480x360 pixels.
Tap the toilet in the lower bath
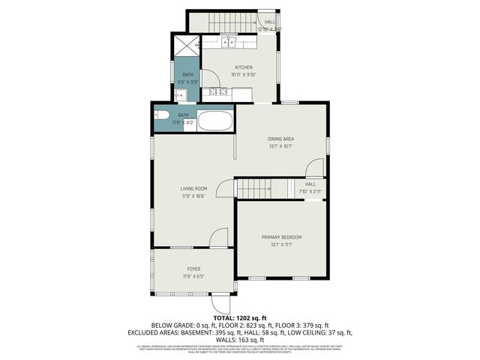[x=160, y=115]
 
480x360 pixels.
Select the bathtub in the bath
[x=215, y=121]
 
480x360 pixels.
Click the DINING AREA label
[x=280, y=139]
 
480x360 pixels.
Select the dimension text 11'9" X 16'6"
[x=193, y=196]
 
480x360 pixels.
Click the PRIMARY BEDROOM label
[x=281, y=237]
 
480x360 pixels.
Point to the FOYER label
[x=193, y=268]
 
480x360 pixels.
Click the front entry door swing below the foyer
[x=221, y=303]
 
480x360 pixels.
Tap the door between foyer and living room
[x=218, y=238]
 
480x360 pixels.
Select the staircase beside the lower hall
[x=253, y=189]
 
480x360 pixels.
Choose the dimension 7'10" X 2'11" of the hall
[x=310, y=192]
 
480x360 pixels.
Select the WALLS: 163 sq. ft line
[x=240, y=339]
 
